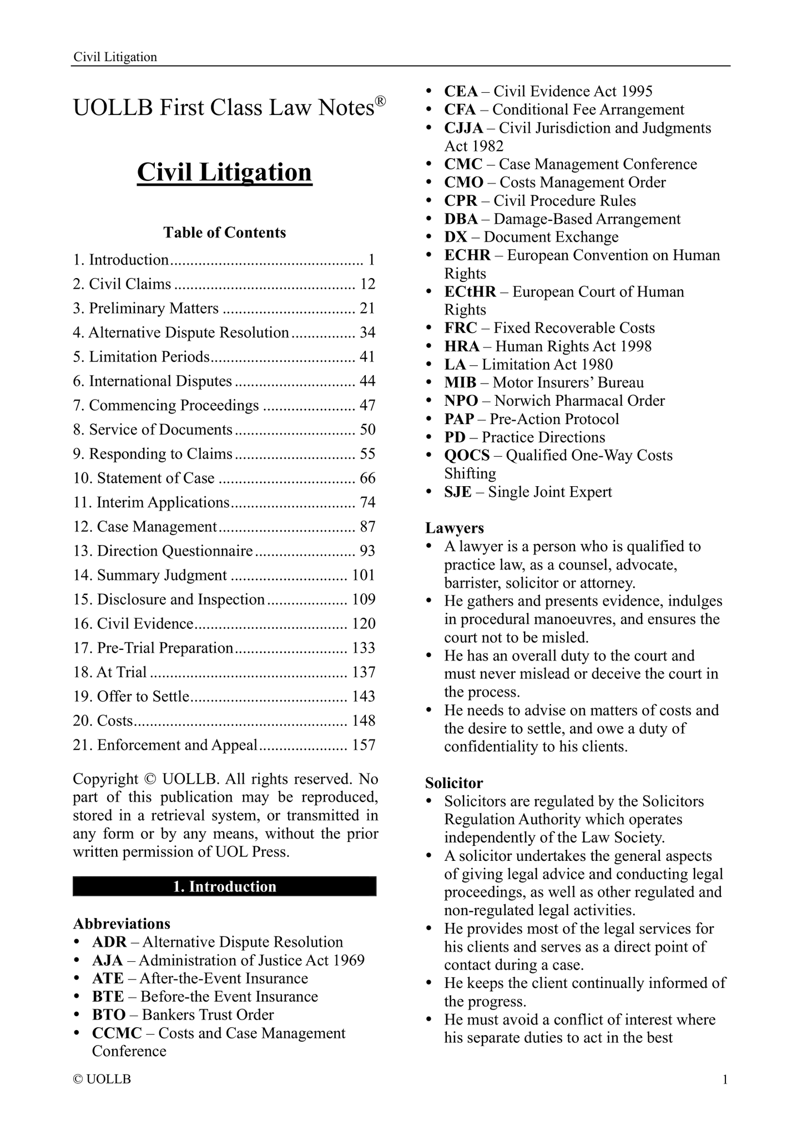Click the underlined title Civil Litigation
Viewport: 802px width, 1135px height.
pyautogui.click(x=224, y=173)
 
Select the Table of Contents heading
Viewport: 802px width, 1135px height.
pyautogui.click(x=224, y=233)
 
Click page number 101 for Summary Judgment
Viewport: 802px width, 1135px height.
pyautogui.click(x=364, y=576)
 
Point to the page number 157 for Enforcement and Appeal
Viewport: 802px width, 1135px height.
pyautogui.click(x=364, y=745)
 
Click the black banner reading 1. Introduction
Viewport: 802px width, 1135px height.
pyautogui.click(x=224, y=886)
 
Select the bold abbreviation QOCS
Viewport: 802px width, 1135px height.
pyautogui.click(x=467, y=456)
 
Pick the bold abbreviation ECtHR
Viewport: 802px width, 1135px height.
pyautogui.click(x=470, y=292)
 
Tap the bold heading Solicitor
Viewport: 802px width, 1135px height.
pyautogui.click(x=454, y=783)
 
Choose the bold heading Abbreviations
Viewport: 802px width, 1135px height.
pyautogui.click(x=122, y=924)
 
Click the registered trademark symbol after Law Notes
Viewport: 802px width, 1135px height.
pyautogui.click(x=380, y=101)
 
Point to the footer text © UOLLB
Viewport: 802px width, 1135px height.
pyautogui.click(x=102, y=1079)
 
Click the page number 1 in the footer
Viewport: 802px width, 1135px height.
pyautogui.click(x=724, y=1079)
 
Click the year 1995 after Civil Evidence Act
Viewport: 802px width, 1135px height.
pyautogui.click(x=637, y=92)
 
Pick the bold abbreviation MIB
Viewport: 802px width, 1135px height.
pyautogui.click(x=460, y=383)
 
